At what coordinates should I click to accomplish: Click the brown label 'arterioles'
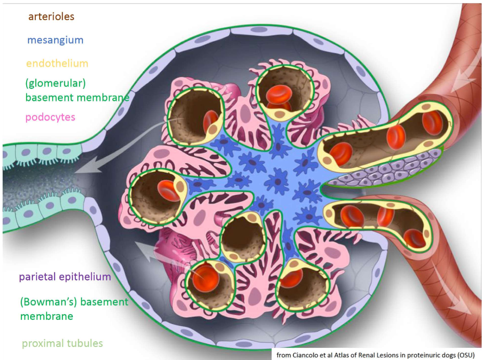[51, 17]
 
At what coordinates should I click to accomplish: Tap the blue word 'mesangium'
[55, 41]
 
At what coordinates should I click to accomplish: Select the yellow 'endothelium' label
[57, 64]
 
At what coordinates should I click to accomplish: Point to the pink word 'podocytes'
[50, 117]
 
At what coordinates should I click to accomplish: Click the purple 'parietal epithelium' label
[64, 277]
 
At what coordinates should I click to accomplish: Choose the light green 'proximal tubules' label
[62, 343]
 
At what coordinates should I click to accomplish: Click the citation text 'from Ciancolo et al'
[314, 355]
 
